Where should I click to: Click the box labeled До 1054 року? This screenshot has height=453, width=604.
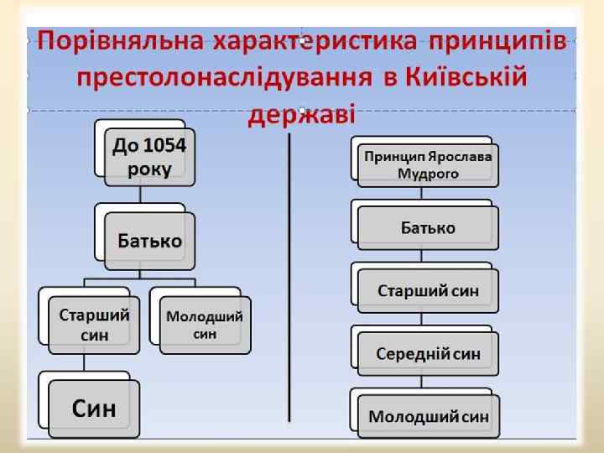[149, 157]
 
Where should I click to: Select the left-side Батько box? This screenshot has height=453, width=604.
[149, 241]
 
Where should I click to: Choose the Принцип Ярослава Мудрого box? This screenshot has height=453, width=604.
[428, 165]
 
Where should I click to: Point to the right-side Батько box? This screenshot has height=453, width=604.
[428, 228]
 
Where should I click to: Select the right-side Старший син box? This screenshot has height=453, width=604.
[428, 291]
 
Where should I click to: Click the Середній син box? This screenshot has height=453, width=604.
[428, 353]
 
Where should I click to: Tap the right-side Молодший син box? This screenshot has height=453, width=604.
[428, 415]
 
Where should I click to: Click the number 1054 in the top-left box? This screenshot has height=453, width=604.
[165, 146]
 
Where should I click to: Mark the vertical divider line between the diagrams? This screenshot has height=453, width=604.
[289, 277]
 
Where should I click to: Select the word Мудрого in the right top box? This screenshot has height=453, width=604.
[428, 174]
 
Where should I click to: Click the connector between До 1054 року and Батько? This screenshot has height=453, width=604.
[140, 195]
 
